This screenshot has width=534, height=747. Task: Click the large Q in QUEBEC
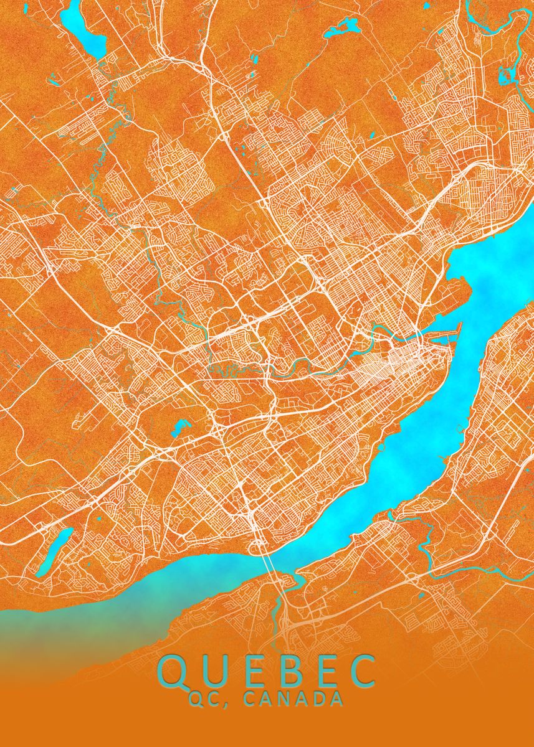[173, 670]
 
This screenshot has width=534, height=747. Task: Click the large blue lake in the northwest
[90, 39]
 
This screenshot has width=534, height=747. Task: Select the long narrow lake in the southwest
[52, 551]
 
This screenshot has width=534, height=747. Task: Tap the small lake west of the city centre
[181, 427]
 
